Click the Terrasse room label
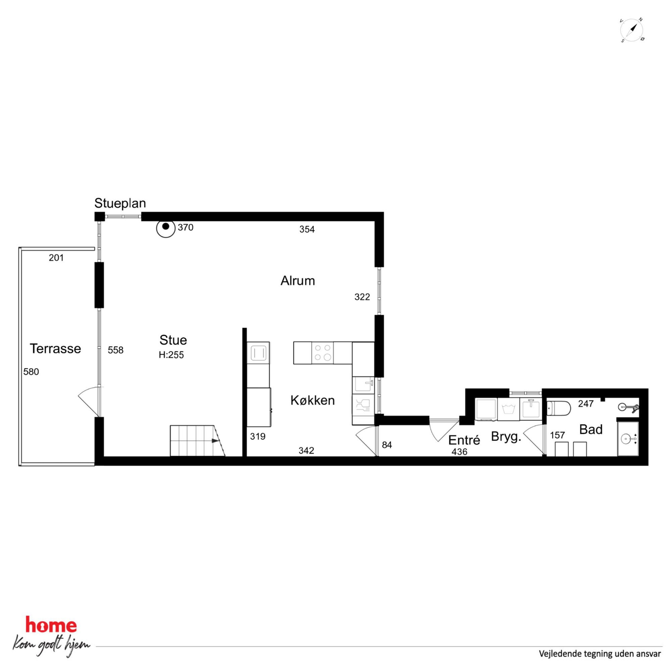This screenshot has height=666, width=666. pyautogui.click(x=55, y=348)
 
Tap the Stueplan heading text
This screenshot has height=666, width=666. pyautogui.click(x=120, y=203)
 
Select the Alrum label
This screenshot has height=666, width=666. pyautogui.click(x=297, y=281)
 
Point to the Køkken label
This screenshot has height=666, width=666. pyautogui.click(x=312, y=400)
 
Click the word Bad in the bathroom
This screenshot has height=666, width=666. pyautogui.click(x=590, y=430)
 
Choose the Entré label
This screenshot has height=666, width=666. pyautogui.click(x=464, y=440)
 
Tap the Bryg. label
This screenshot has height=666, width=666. pyautogui.click(x=506, y=437)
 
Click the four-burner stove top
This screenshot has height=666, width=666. pyautogui.click(x=322, y=353)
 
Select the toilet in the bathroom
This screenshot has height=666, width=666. pyautogui.click(x=559, y=409)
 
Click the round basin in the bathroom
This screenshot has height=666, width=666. pyautogui.click(x=627, y=439)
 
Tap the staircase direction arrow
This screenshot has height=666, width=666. pyautogui.click(x=215, y=440)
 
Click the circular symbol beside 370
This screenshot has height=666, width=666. pyautogui.click(x=166, y=228)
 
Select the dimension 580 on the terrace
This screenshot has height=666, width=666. pyautogui.click(x=31, y=372)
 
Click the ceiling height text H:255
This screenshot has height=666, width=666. pyautogui.click(x=171, y=355)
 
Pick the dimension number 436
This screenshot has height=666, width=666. pyautogui.click(x=459, y=451)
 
